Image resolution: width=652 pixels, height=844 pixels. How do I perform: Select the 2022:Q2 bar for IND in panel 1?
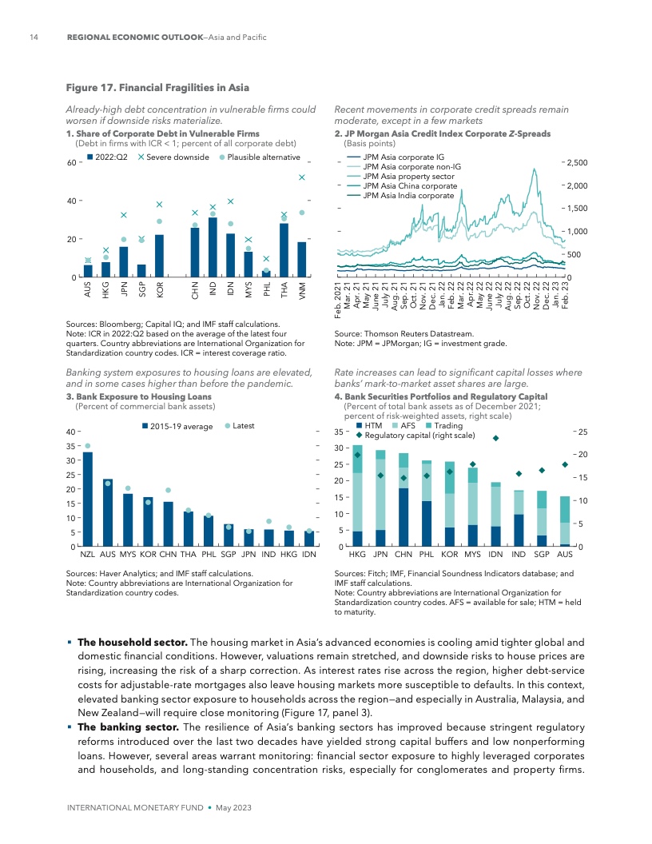click(213, 247)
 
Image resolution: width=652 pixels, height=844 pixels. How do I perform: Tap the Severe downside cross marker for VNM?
click(302, 177)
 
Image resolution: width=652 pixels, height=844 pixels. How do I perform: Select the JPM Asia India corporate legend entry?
click(408, 195)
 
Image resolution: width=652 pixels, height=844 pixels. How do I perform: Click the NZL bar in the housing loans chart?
click(88, 499)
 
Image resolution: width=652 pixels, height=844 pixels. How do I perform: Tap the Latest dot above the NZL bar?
click(88, 446)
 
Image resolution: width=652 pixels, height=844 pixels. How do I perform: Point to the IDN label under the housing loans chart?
click(308, 553)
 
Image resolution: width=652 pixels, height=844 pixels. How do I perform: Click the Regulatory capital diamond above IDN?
click(495, 438)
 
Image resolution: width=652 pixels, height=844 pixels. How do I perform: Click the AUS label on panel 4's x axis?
click(564, 553)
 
